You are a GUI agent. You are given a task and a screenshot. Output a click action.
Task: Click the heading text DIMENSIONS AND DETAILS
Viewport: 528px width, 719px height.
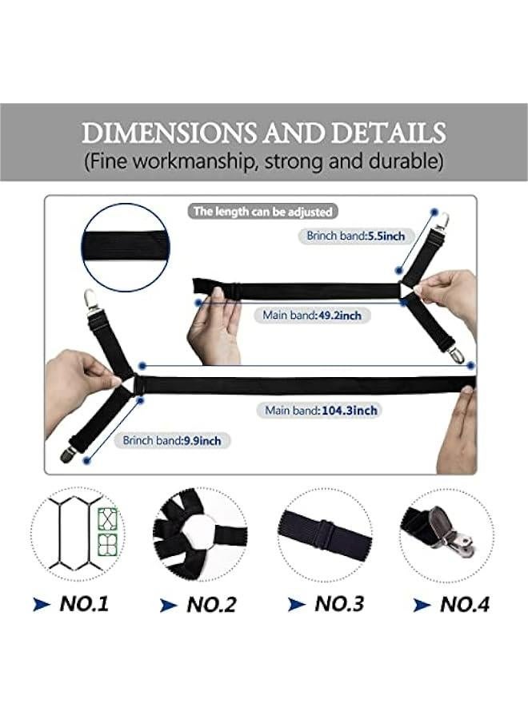point(263,132)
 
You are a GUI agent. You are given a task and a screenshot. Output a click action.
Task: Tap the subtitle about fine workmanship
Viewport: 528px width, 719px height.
point(263,161)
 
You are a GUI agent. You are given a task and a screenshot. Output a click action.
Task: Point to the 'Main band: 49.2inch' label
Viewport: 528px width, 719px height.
point(312,316)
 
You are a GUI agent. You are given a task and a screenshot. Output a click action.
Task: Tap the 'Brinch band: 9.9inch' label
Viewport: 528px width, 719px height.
point(177,440)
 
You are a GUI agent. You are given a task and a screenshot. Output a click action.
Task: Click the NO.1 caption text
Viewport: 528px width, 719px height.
point(83,603)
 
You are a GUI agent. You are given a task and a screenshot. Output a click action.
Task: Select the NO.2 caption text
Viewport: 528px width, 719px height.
point(211,605)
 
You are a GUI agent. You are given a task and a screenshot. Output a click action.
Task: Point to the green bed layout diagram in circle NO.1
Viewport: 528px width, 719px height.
point(103,531)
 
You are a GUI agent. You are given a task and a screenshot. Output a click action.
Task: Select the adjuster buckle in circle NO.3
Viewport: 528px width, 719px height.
point(323,533)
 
